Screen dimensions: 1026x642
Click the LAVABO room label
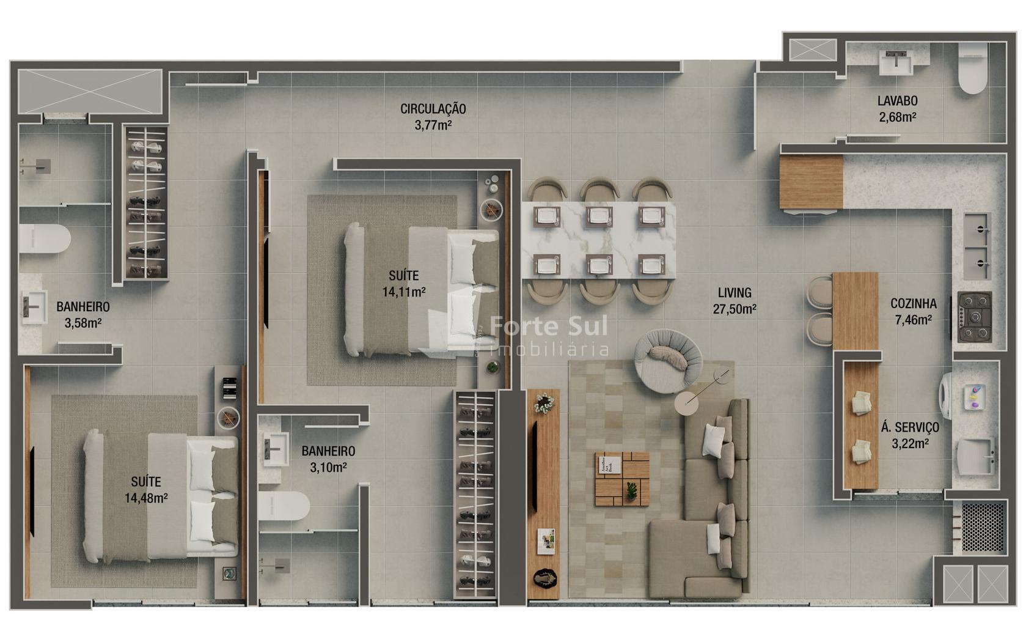click(x=897, y=101)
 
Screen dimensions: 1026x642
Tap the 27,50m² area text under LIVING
click(x=735, y=309)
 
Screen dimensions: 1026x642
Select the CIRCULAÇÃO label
click(x=433, y=109)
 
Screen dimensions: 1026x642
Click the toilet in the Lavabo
click(x=972, y=68)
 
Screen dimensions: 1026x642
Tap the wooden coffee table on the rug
click(x=622, y=479)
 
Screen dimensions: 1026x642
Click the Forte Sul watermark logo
click(x=549, y=334)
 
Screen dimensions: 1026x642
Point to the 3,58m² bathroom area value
click(x=83, y=323)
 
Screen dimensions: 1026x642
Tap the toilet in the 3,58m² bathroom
click(x=45, y=238)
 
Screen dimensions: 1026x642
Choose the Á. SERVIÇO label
click(x=910, y=427)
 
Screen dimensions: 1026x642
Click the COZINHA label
click(x=914, y=303)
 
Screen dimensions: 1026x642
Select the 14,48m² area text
click(x=146, y=498)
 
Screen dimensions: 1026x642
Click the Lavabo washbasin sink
click(x=896, y=62)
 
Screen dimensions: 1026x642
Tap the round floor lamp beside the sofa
click(x=687, y=404)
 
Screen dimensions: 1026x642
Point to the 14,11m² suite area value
click(x=404, y=292)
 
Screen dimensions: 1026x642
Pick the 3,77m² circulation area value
click(x=433, y=125)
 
